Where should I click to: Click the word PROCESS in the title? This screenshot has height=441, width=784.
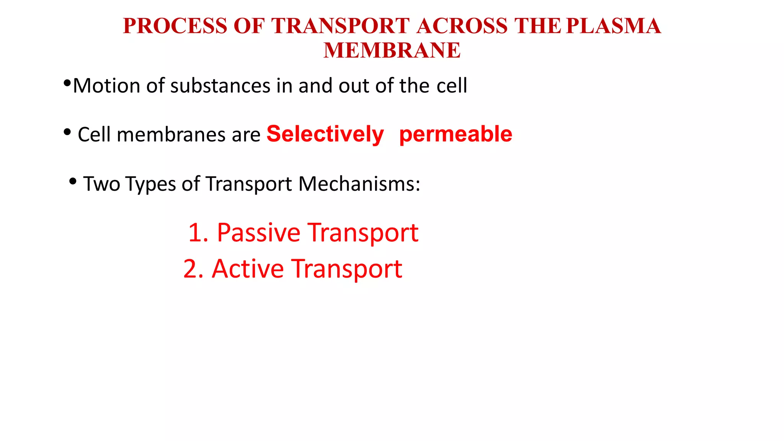(x=175, y=26)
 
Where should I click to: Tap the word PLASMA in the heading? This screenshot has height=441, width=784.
(x=613, y=26)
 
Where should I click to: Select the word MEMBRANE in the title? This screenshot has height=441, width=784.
(x=392, y=50)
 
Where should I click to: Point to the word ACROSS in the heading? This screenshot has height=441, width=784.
(x=462, y=26)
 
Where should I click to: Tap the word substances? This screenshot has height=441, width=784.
(x=220, y=85)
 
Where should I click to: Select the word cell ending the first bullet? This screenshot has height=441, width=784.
(x=452, y=85)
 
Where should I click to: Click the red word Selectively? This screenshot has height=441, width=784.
(x=325, y=134)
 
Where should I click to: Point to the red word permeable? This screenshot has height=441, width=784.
(x=456, y=134)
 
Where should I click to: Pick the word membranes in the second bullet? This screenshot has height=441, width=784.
(x=171, y=135)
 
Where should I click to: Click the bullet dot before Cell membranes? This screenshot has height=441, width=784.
(x=67, y=132)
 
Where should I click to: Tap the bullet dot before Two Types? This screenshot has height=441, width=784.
(x=73, y=181)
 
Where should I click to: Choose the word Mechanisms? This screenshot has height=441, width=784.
(x=359, y=184)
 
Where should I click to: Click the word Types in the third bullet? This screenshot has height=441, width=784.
(x=151, y=185)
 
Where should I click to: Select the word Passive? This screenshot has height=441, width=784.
(x=258, y=232)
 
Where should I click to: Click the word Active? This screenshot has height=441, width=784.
(x=248, y=268)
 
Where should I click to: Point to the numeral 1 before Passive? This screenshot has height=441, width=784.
(x=195, y=232)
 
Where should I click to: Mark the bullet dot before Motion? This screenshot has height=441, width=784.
(x=67, y=83)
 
